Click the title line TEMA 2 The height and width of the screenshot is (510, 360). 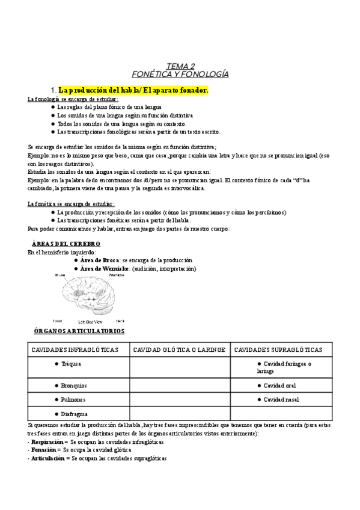pyautogui.click(x=180, y=66)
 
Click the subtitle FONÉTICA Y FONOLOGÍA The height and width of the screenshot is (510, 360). pyautogui.click(x=180, y=74)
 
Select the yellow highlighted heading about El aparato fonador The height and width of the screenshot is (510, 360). pyautogui.click(x=133, y=90)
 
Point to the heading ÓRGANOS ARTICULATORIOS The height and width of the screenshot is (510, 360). pyautogui.click(x=79, y=331)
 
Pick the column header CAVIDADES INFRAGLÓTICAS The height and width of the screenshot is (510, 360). pyautogui.click(x=75, y=350)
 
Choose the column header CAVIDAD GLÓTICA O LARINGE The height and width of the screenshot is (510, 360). pyautogui.click(x=179, y=350)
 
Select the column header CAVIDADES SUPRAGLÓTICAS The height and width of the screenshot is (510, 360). pyautogui.click(x=278, y=350)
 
